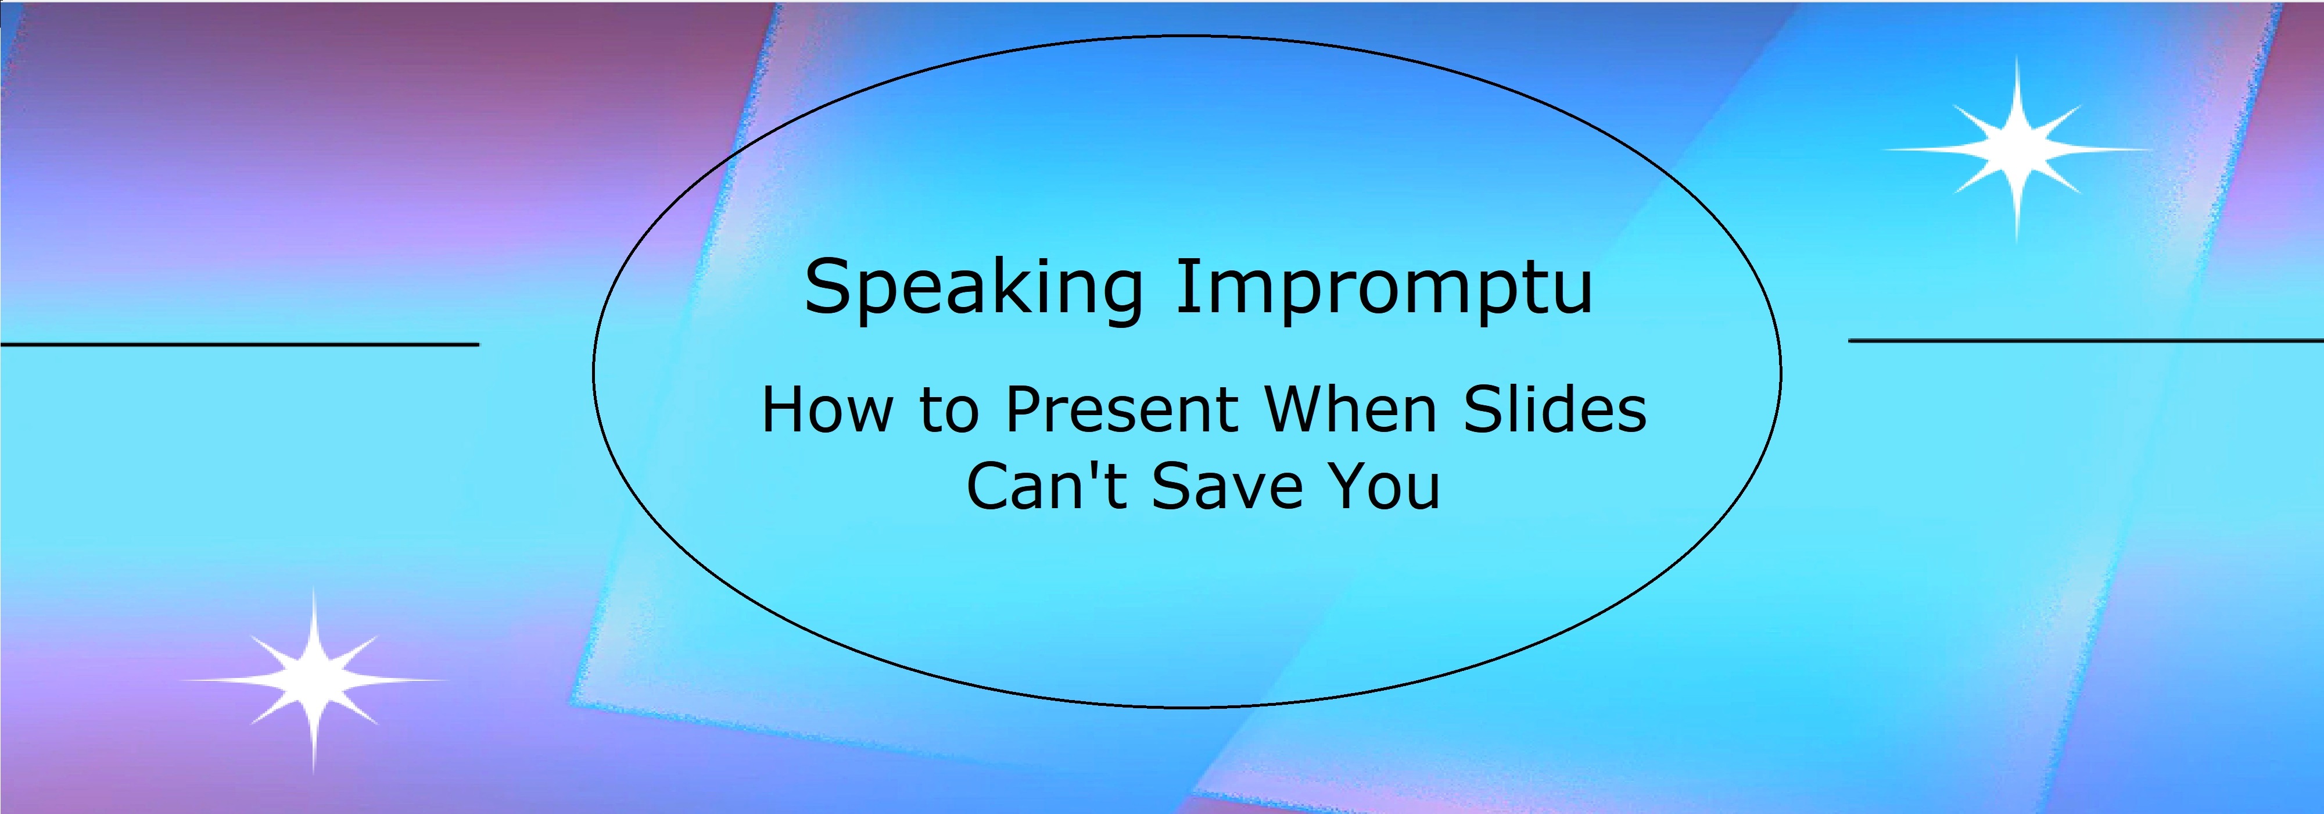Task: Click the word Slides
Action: point(1554,410)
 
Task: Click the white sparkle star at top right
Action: point(2016,149)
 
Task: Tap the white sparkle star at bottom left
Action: point(313,680)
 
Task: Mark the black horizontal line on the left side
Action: point(239,344)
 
